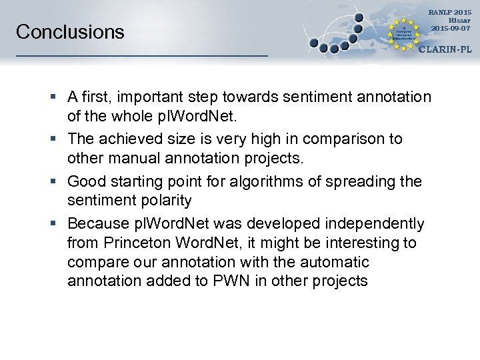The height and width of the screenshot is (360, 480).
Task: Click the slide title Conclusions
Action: click(x=70, y=32)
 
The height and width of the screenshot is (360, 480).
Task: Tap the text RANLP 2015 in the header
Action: click(x=451, y=13)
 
